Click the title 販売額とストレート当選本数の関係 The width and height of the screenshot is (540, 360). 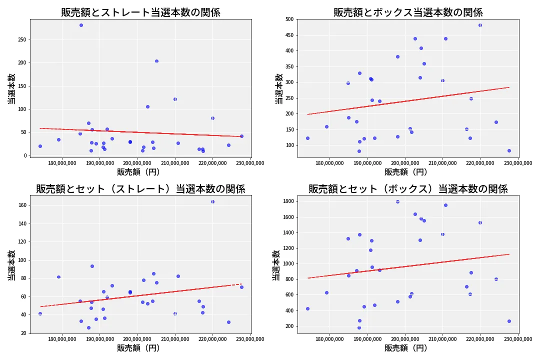[140, 12]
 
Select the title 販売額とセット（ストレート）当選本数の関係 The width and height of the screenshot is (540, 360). [140, 189]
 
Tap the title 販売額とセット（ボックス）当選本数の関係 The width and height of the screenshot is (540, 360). [408, 189]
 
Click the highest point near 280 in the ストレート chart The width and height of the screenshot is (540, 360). [81, 25]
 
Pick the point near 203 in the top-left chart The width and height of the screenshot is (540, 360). [156, 61]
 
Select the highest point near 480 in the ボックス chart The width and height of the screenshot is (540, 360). [480, 25]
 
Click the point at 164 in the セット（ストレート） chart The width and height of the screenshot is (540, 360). [212, 201]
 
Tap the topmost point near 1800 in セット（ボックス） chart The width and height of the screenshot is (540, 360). [397, 201]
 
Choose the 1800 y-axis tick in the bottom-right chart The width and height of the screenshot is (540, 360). [287, 201]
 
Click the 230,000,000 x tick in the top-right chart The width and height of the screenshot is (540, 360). [518, 162]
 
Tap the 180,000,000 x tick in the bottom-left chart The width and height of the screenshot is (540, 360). [62, 339]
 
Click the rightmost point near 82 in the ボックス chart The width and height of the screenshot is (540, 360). [509, 150]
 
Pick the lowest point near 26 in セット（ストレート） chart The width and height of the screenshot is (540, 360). [88, 328]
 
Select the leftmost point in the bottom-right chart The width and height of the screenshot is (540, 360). [307, 308]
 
